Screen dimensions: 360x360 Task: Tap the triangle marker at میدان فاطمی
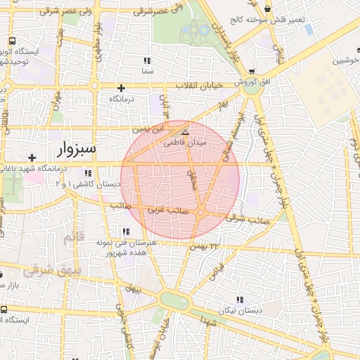(185, 131)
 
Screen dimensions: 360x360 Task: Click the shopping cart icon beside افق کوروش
(252, 72)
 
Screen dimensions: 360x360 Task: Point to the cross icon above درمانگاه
(122, 88)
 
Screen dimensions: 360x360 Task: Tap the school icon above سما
(147, 60)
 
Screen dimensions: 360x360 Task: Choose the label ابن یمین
(148, 129)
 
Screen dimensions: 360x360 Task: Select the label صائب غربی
(165, 210)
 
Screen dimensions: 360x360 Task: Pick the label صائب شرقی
(243, 219)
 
